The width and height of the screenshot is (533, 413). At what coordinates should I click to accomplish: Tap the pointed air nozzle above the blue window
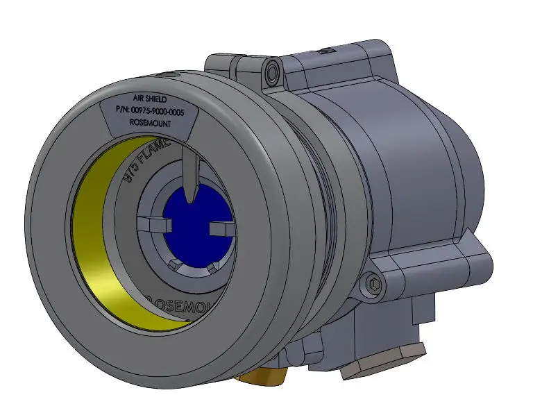tap(190, 174)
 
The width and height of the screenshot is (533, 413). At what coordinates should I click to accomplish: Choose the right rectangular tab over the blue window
tap(220, 228)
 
